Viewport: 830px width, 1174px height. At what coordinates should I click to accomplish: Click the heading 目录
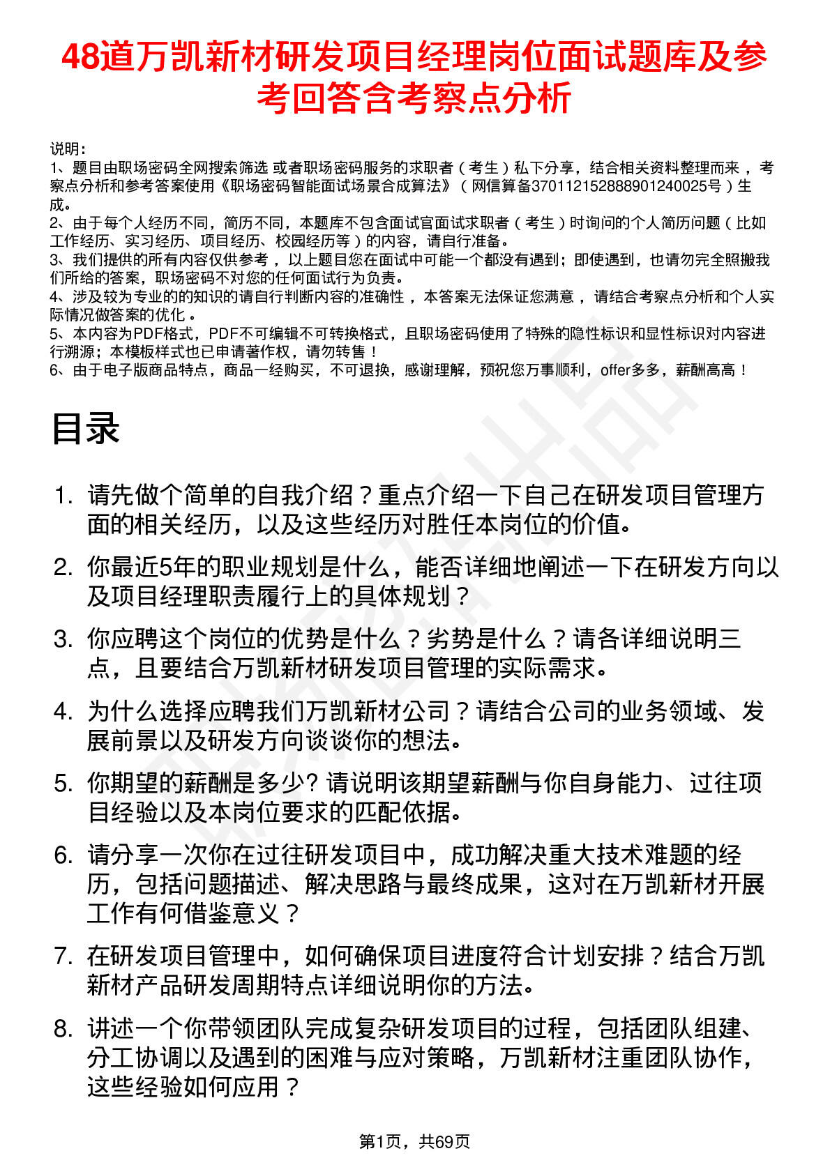[x=85, y=428]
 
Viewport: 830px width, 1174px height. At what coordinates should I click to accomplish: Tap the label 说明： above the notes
[x=68, y=149]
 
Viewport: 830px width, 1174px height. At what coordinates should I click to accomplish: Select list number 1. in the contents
[x=63, y=496]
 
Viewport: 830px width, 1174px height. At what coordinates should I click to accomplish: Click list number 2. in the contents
[x=63, y=567]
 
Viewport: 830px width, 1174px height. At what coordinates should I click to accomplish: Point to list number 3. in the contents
[x=63, y=639]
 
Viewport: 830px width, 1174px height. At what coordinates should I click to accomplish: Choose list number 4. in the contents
[x=63, y=711]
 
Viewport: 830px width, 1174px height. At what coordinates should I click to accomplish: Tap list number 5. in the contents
[x=63, y=783]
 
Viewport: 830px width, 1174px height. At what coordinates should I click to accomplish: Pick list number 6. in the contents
[x=63, y=855]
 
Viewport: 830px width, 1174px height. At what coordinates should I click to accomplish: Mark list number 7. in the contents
[x=63, y=956]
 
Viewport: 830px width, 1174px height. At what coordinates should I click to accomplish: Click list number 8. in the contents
[x=63, y=1028]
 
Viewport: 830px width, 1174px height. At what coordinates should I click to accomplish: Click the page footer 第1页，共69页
[x=414, y=1141]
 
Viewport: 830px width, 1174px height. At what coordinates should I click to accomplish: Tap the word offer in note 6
[x=614, y=370]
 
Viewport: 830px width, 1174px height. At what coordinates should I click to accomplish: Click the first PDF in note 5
[x=147, y=334]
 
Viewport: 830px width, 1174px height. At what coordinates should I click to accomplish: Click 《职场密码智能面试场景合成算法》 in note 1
[x=333, y=186]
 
